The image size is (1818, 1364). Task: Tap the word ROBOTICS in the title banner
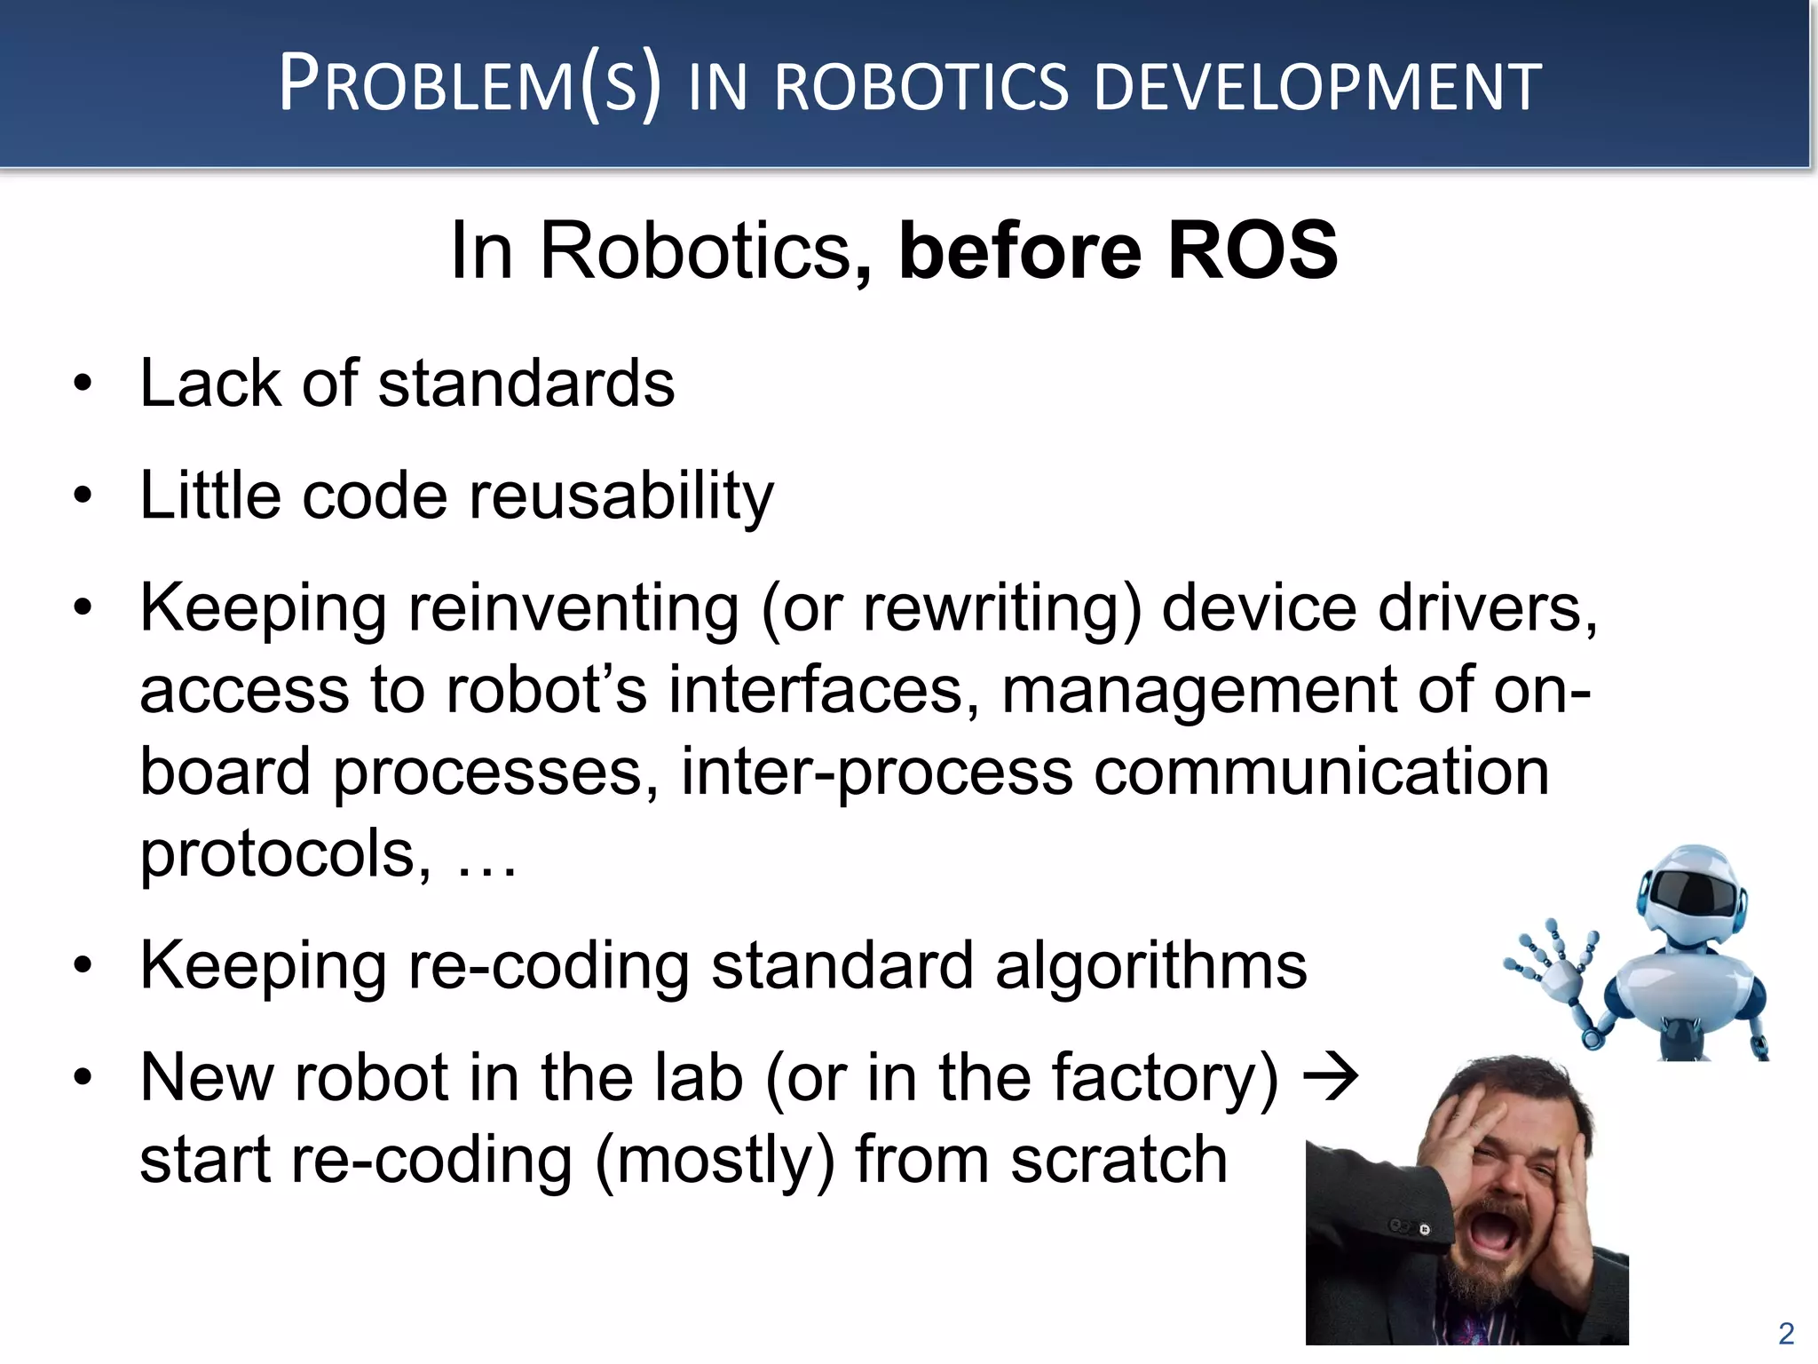921,87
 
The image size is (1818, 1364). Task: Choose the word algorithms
1150,965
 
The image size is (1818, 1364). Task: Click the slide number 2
1786,1333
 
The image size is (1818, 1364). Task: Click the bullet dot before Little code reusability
83,495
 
